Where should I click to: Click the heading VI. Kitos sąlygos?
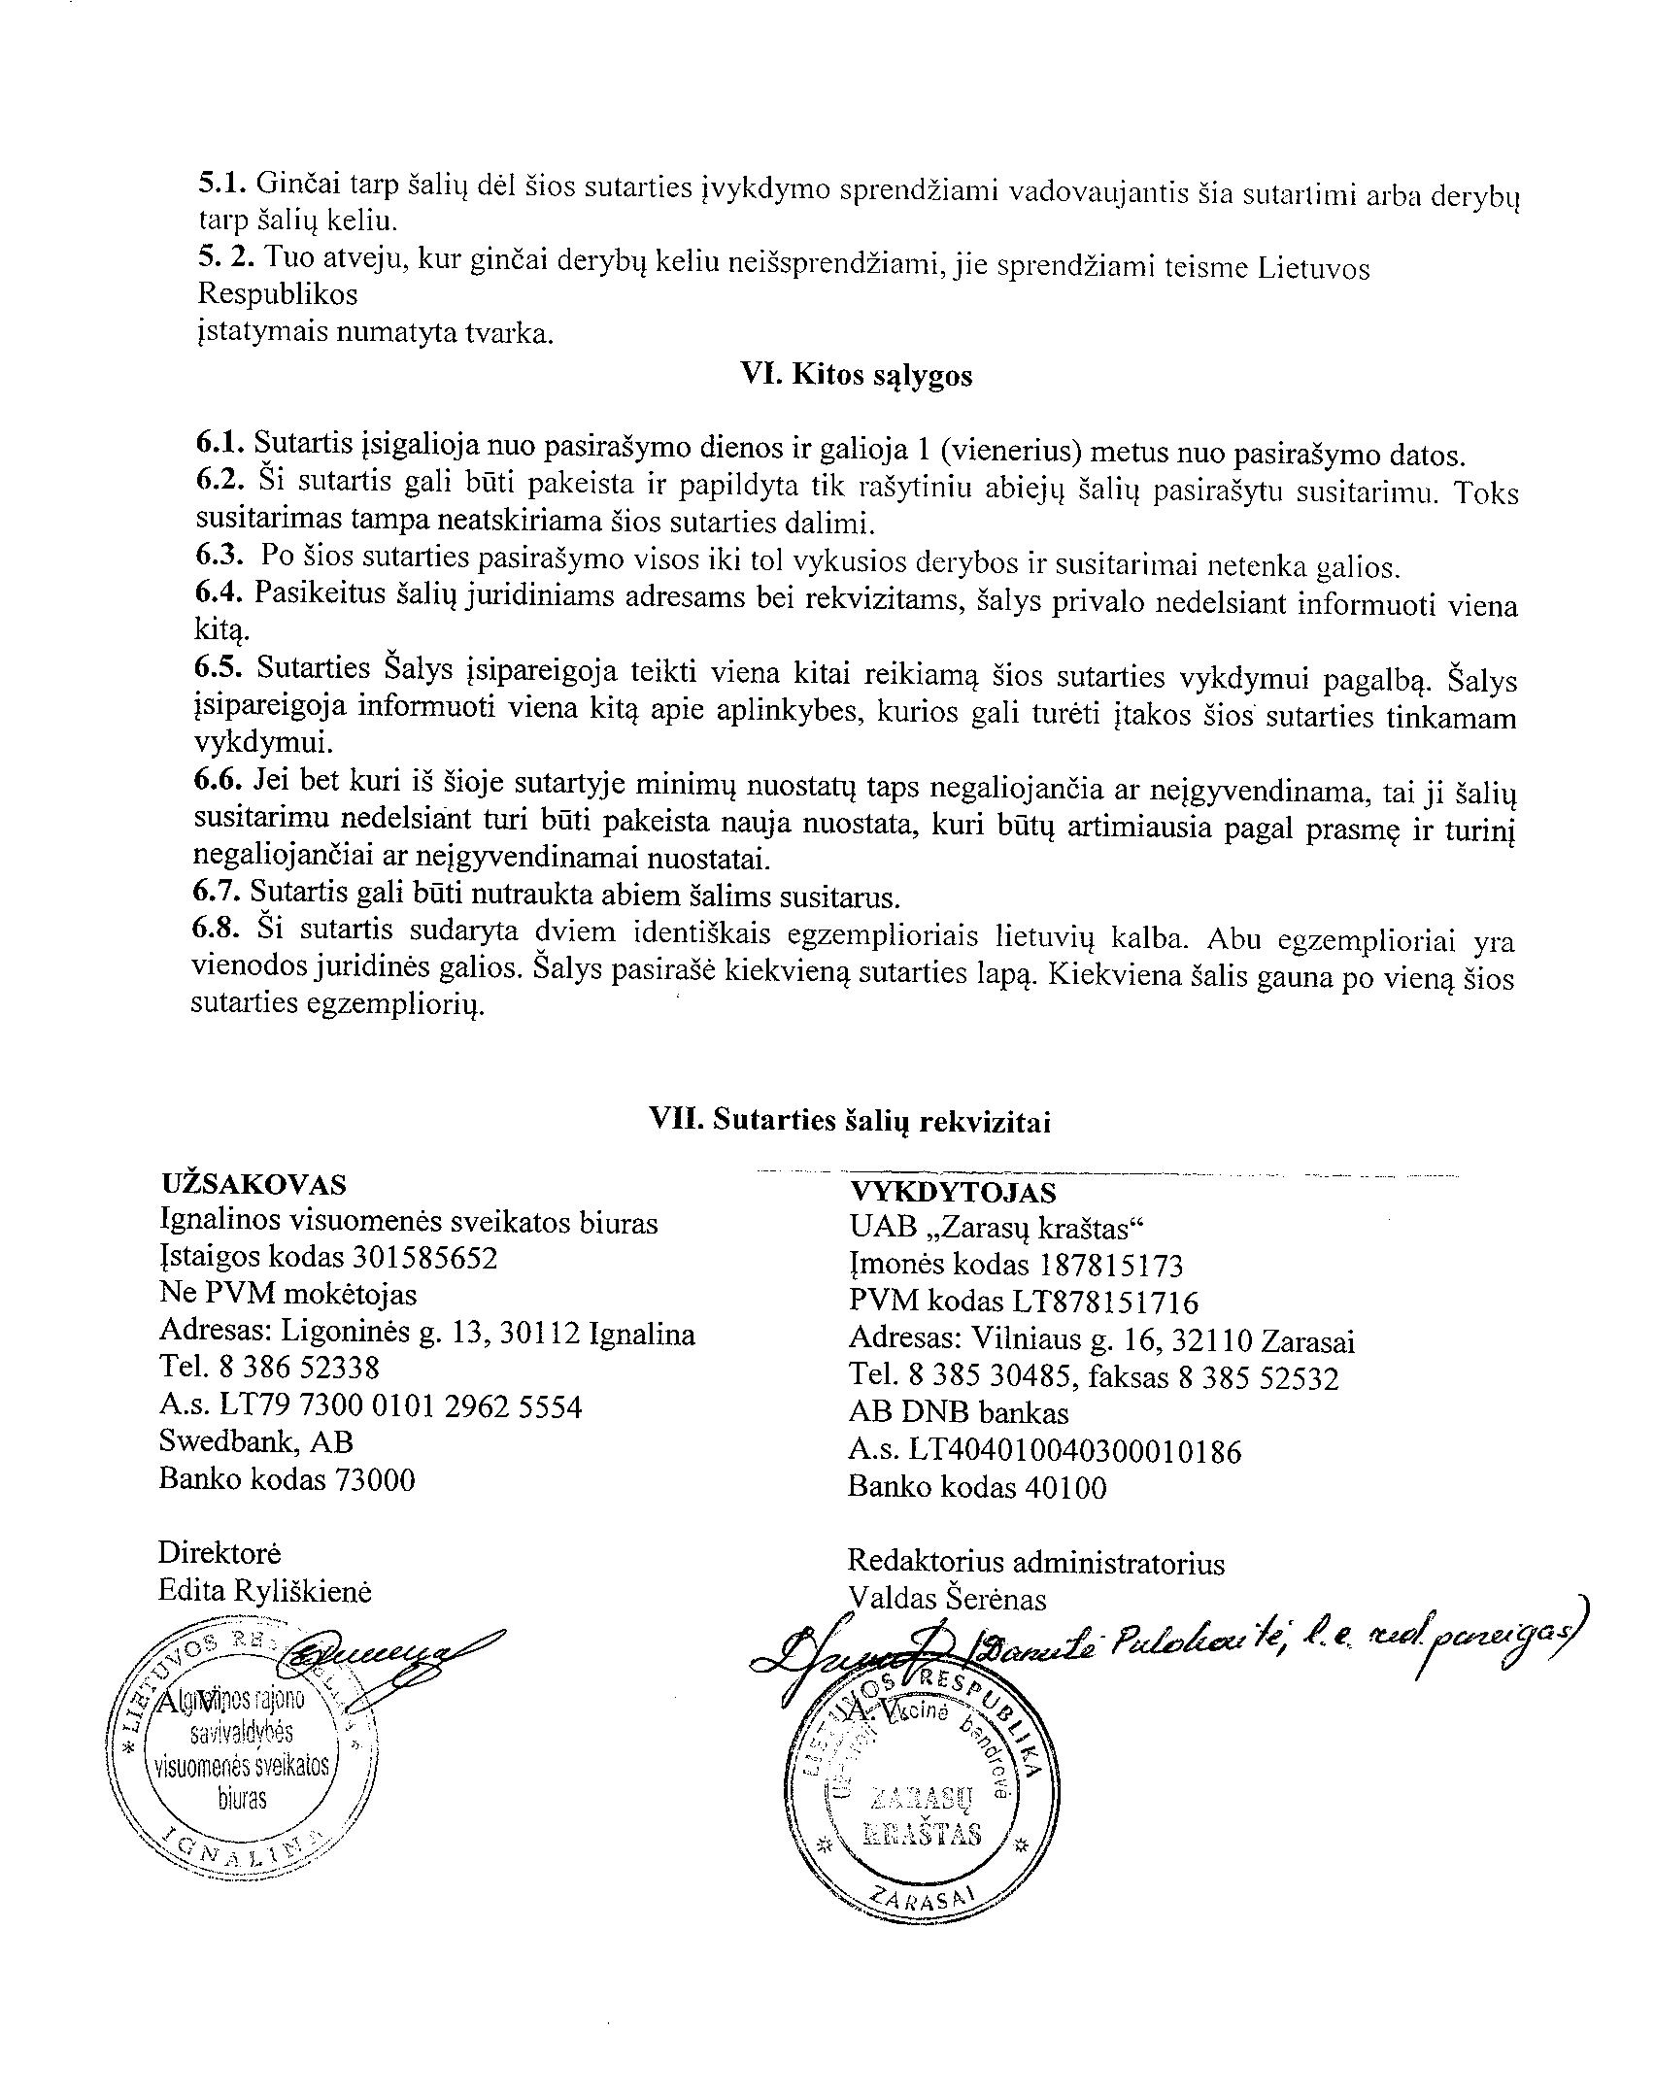(856, 376)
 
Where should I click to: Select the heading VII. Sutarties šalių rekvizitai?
(850, 1121)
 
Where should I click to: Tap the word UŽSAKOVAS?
(253, 1184)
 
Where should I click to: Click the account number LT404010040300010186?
(1074, 1451)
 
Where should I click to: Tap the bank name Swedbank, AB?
(256, 1441)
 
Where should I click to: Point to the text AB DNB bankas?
(958, 1413)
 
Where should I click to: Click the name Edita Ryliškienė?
(264, 1591)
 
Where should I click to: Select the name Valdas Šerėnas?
(947, 1599)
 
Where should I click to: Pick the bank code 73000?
(374, 1479)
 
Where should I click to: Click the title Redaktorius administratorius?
(1035, 1563)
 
